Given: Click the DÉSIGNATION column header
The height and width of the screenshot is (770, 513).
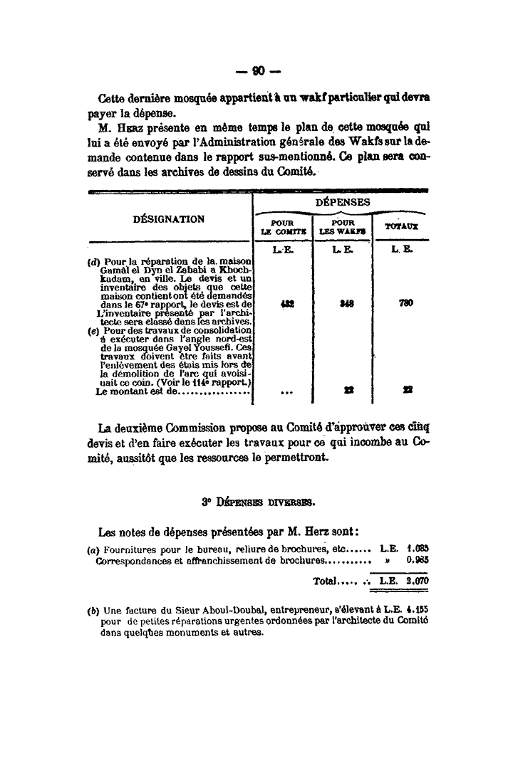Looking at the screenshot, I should coord(169,219).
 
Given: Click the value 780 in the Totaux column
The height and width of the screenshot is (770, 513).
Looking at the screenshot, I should coord(402,302).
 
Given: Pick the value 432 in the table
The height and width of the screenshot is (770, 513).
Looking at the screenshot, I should coord(285,302).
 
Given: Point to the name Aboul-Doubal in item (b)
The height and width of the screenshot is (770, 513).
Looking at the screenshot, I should coord(196,610).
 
